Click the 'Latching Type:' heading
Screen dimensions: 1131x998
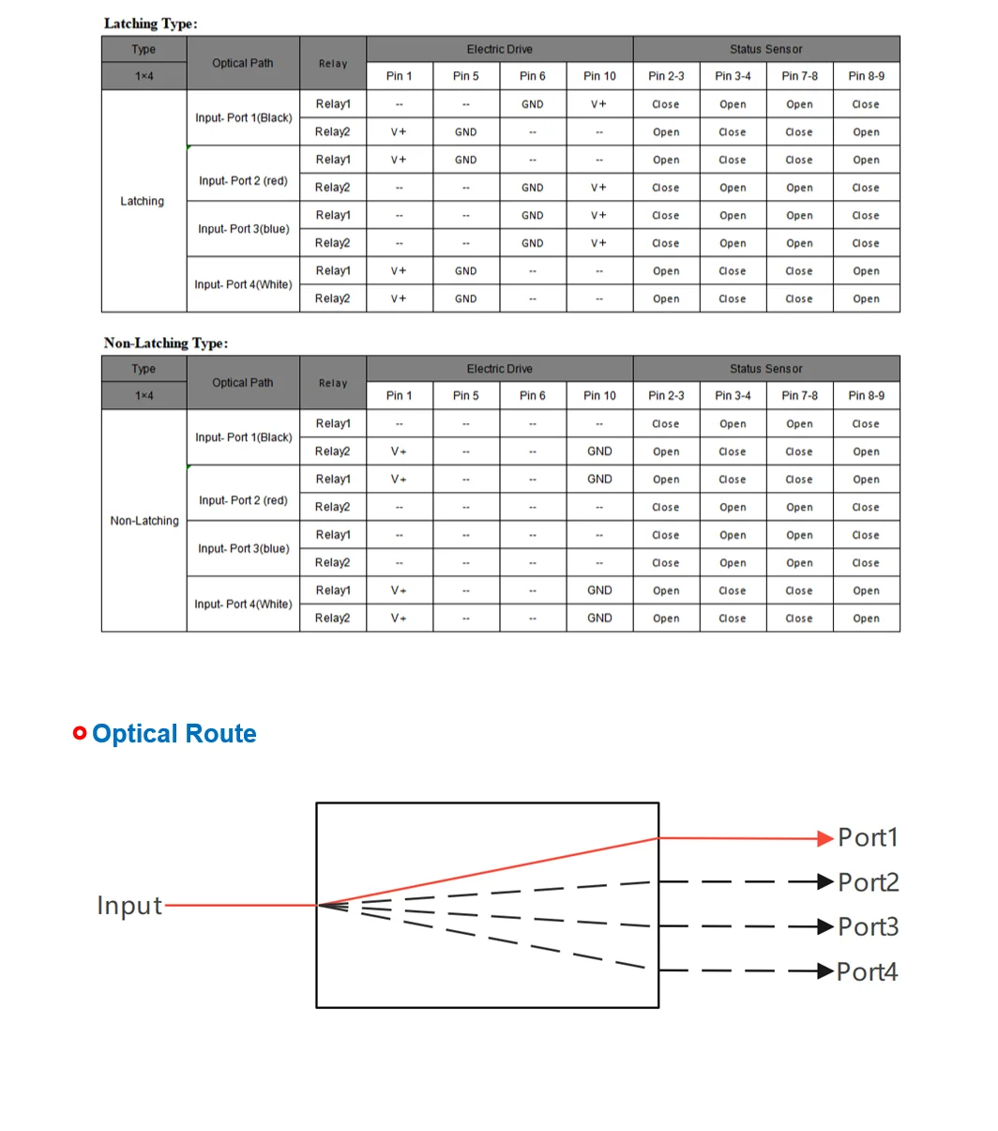tap(150, 23)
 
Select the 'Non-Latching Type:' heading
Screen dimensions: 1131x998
tap(166, 344)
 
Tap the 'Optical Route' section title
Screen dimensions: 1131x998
tap(174, 734)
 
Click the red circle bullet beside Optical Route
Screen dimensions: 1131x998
tap(80, 733)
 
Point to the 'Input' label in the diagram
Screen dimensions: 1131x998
tap(129, 906)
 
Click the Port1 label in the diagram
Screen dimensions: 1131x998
tap(868, 837)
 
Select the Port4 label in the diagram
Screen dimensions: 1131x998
tap(868, 971)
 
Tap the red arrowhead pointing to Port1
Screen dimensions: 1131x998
tap(825, 838)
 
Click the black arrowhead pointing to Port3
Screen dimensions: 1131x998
tap(825, 927)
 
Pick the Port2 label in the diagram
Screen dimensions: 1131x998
tap(868, 882)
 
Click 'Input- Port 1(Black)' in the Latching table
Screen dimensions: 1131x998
tap(243, 118)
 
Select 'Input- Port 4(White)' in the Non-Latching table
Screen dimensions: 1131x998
tap(243, 604)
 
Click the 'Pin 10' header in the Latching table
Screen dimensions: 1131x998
tap(599, 76)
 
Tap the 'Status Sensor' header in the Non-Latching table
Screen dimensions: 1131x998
tap(765, 369)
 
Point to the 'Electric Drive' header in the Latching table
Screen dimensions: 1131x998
tap(499, 50)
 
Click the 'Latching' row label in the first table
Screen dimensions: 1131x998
tap(143, 201)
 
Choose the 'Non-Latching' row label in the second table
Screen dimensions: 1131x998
tap(144, 521)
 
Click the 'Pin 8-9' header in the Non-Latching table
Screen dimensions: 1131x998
tap(866, 395)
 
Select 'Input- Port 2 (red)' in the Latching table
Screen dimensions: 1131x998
tap(243, 181)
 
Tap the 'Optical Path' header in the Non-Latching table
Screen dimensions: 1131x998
tap(243, 383)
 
